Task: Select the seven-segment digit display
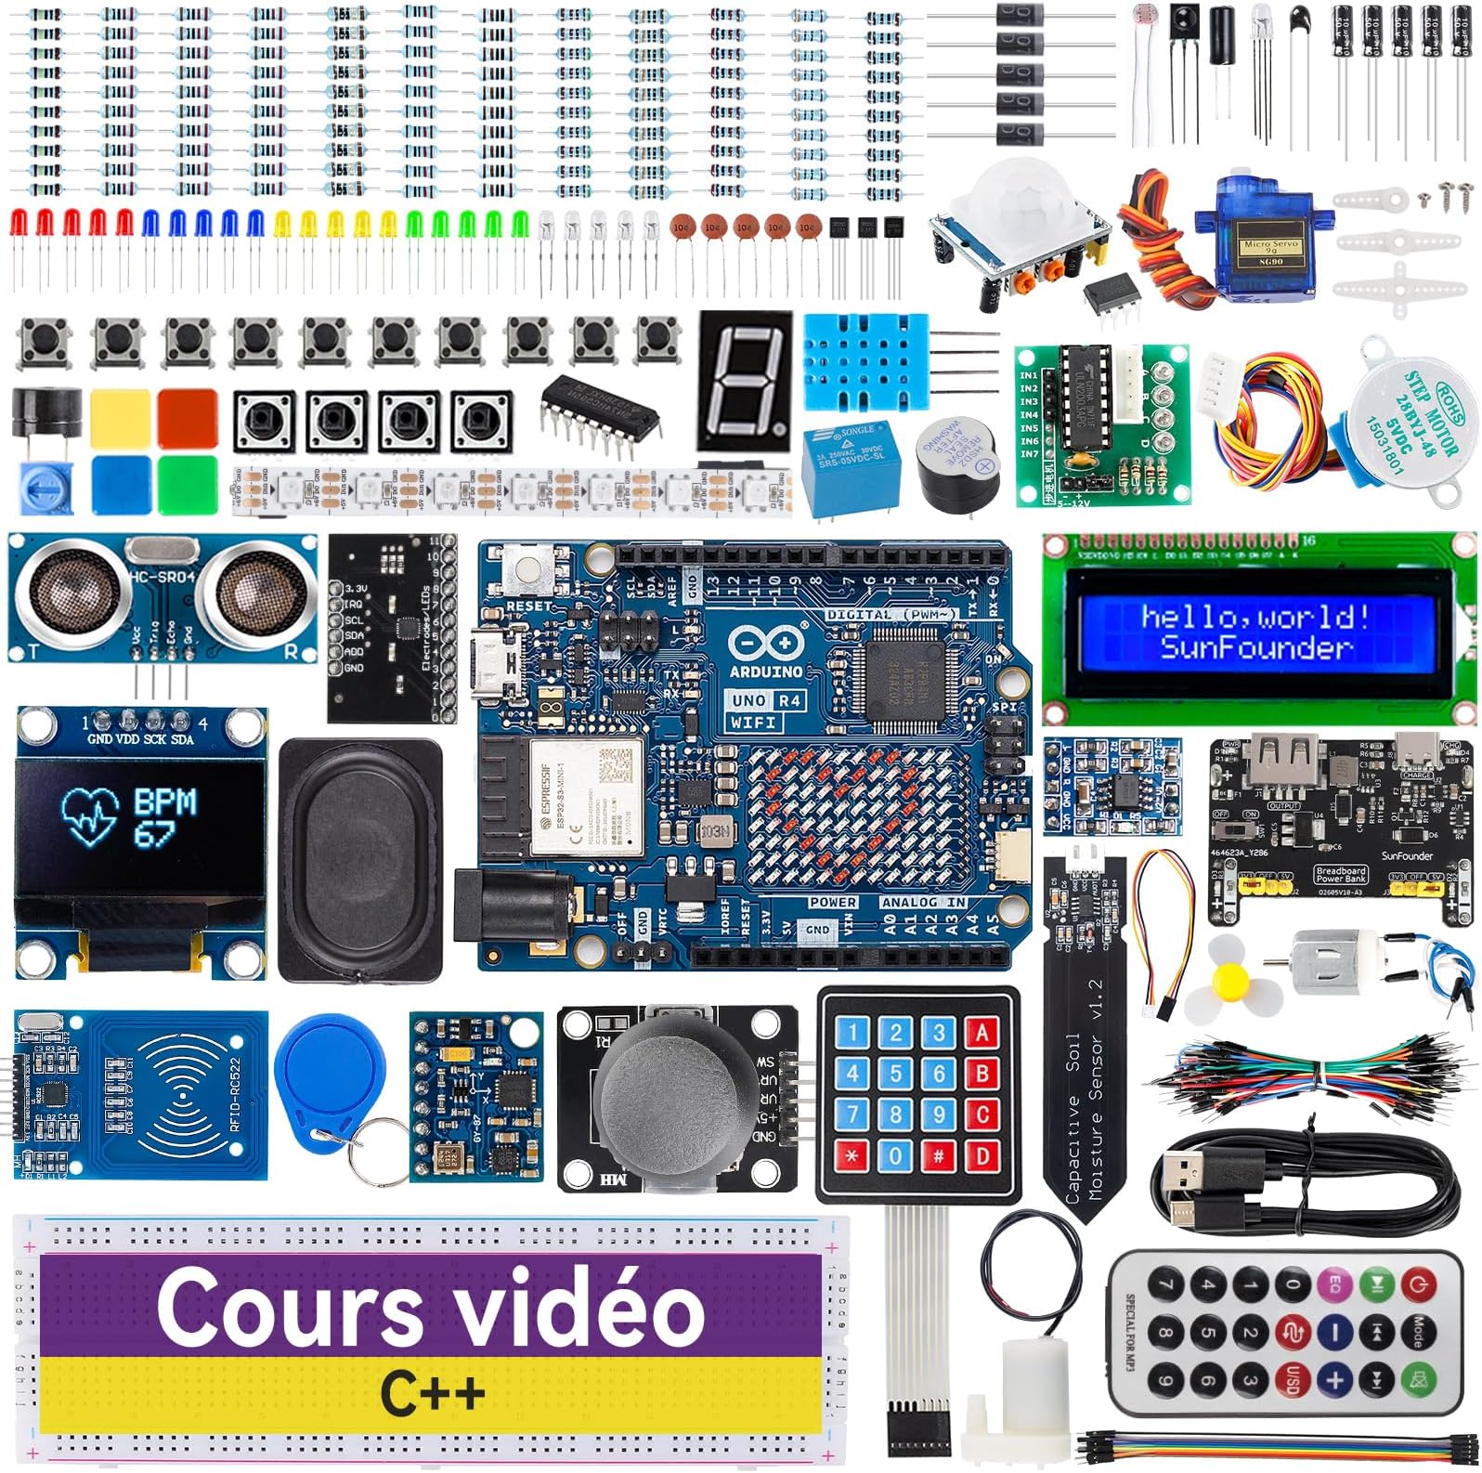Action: pyautogui.click(x=745, y=380)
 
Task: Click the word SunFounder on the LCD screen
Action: pyautogui.click(x=1256, y=647)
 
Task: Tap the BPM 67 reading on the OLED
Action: pyautogui.click(x=164, y=817)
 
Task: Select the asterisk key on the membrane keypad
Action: pyautogui.click(x=851, y=1155)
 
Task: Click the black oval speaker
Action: pyautogui.click(x=360, y=859)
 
